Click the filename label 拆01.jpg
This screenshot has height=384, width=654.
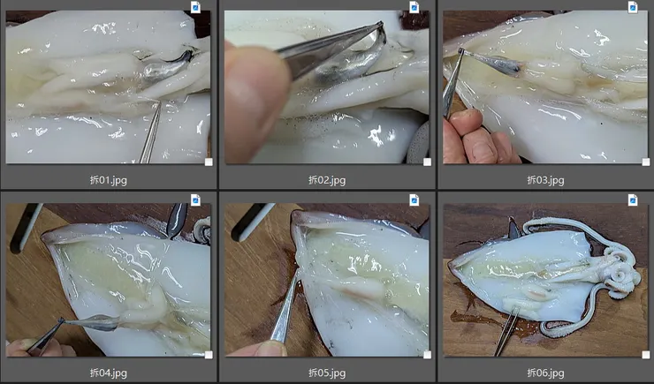pos(109,180)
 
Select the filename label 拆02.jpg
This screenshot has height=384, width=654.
pos(327,180)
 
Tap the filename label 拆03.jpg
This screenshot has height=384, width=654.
pos(545,180)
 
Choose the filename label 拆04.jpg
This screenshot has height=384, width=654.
pos(109,373)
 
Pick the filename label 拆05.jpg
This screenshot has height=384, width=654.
pos(327,373)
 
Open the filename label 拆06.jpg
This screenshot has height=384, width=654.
pos(545,373)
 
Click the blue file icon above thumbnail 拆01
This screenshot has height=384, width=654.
pos(195,7)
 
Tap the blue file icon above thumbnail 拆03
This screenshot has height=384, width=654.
pos(633,7)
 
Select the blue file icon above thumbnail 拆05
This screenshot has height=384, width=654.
pos(414,200)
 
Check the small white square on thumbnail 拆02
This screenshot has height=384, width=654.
pos(427,162)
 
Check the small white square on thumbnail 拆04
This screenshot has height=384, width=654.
pos(209,355)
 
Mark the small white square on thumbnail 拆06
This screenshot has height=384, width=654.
pos(646,355)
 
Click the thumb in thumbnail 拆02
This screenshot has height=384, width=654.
pos(255,100)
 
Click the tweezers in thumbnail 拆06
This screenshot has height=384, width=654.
pos(506,331)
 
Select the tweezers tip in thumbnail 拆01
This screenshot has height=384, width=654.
pos(159,102)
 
